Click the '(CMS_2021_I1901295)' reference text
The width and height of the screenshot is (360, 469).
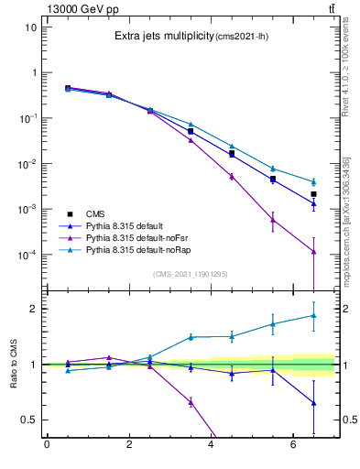(190, 274)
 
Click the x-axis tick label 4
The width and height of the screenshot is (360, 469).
(212, 446)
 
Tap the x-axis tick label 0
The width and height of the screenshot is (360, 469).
(47, 446)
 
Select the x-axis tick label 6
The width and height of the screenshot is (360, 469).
(293, 446)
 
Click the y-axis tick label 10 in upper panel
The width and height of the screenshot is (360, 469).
(30, 27)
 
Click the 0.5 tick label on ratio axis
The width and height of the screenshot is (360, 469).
(28, 420)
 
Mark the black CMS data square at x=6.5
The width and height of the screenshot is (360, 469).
(313, 194)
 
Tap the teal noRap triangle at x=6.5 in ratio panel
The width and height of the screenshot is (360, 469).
(313, 315)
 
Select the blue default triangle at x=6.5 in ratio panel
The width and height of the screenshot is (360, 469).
(313, 403)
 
